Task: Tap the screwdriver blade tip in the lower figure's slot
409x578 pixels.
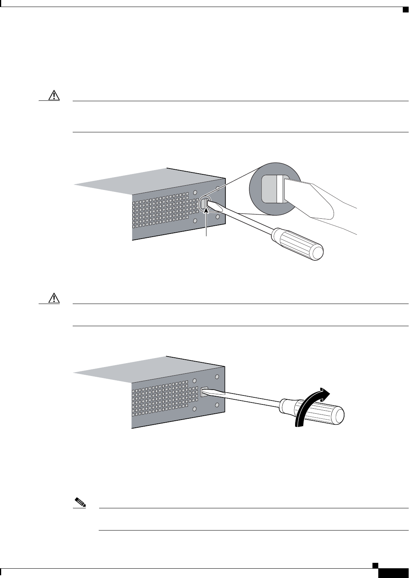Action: pos(206,391)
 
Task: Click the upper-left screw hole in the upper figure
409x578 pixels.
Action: pos(195,193)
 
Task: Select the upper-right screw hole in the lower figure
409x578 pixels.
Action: pos(217,377)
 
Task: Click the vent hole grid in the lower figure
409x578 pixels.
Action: pos(163,401)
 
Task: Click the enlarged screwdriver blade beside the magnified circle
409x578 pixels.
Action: pos(307,199)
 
